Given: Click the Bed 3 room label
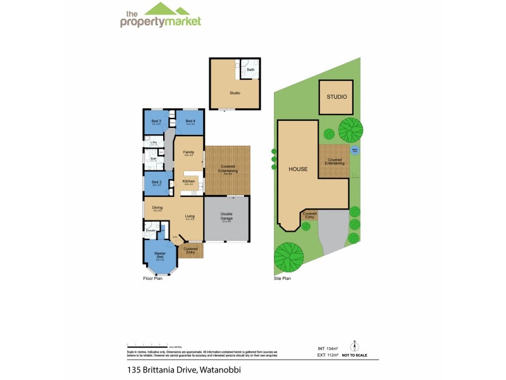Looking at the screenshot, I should tap(156, 120).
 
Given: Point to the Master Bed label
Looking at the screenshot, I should tap(159, 255).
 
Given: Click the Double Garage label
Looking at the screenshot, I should tap(226, 215).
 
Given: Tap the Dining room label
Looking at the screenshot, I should tap(157, 208).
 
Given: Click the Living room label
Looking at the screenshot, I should tap(190, 217).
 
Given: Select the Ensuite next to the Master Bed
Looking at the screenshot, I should tap(151, 231).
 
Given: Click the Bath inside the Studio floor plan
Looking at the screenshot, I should tap(250, 70).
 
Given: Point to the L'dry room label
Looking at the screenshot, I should tap(154, 142).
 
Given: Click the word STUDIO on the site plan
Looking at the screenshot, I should tap(336, 98).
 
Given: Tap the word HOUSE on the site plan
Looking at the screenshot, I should tap(298, 170).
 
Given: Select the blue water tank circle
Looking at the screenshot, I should tap(355, 150).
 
